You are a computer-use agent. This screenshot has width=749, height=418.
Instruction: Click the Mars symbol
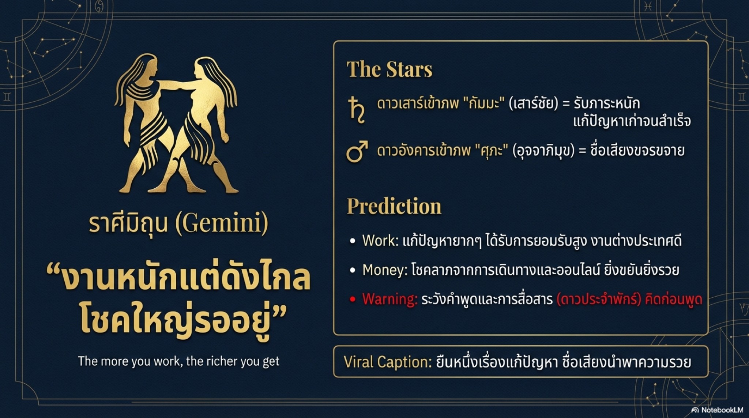[357, 151]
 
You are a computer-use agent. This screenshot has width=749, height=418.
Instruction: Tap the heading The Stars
[389, 69]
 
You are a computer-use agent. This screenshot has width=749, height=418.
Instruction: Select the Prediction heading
[394, 206]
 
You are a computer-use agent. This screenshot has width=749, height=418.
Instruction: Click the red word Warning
[389, 299]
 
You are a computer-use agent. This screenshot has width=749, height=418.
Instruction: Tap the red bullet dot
[353, 300]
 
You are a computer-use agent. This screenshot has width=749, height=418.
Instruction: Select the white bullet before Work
[353, 241]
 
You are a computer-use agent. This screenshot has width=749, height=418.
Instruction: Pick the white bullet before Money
[353, 270]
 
